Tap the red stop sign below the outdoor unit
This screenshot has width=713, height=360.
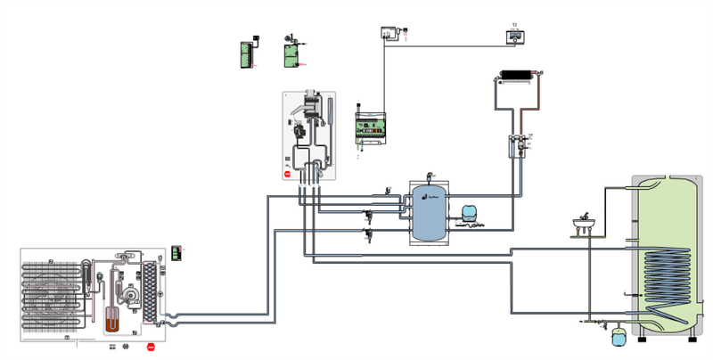click(x=151, y=347)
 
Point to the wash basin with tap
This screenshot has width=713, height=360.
click(x=584, y=222)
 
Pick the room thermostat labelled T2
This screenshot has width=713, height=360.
click(x=513, y=36)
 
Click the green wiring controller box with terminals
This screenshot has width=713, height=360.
click(x=370, y=128)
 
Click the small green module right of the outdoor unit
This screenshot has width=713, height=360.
click(x=176, y=253)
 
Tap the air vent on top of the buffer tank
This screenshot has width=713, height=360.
click(x=430, y=176)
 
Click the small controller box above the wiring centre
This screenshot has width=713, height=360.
click(x=389, y=32)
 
